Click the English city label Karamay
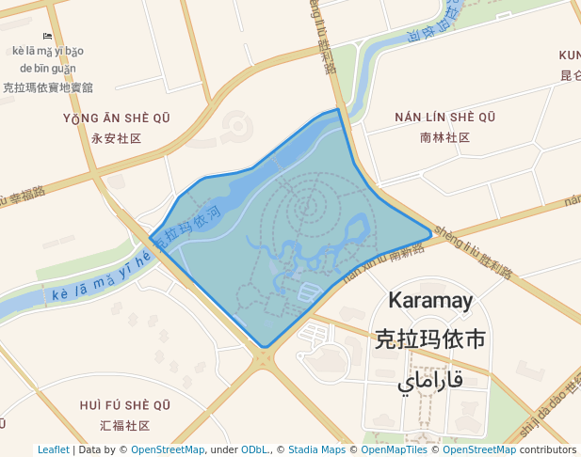pyautogui.click(x=430, y=301)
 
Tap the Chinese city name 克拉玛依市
pyautogui.click(x=429, y=339)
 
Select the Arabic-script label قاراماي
pyautogui.click(x=430, y=381)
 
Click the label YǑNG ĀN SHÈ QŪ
pyautogui.click(x=117, y=118)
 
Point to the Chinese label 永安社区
pyautogui.click(x=117, y=138)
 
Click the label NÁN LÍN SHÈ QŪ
pyautogui.click(x=445, y=118)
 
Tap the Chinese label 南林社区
pyautogui.click(x=445, y=137)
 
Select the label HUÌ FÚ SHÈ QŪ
pyautogui.click(x=125, y=405)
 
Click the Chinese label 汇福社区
pyautogui.click(x=125, y=425)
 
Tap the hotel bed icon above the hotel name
pyautogui.click(x=48, y=36)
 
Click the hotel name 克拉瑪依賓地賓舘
pyautogui.click(x=48, y=87)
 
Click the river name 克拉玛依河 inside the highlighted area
pyautogui.click(x=188, y=228)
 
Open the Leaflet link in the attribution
pyautogui.click(x=53, y=450)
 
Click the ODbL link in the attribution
pyautogui.click(x=254, y=450)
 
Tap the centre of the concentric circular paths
pyautogui.click(x=307, y=206)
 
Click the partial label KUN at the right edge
pyautogui.click(x=570, y=55)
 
